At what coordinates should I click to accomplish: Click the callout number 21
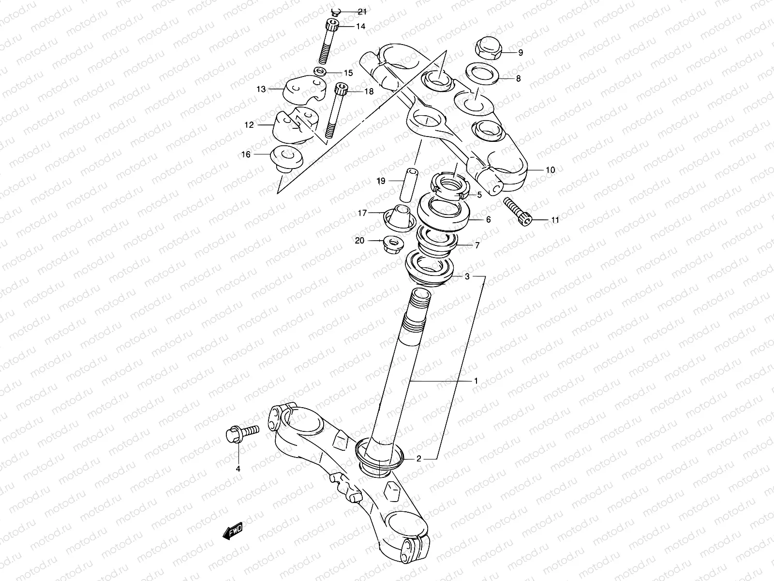pos(362,11)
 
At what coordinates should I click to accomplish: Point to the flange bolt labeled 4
pos(240,432)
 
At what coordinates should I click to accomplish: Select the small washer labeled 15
pos(319,72)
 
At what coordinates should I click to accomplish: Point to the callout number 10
pos(550,170)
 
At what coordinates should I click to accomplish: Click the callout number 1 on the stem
pos(476,381)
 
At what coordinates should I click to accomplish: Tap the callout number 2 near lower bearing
pos(419,459)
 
